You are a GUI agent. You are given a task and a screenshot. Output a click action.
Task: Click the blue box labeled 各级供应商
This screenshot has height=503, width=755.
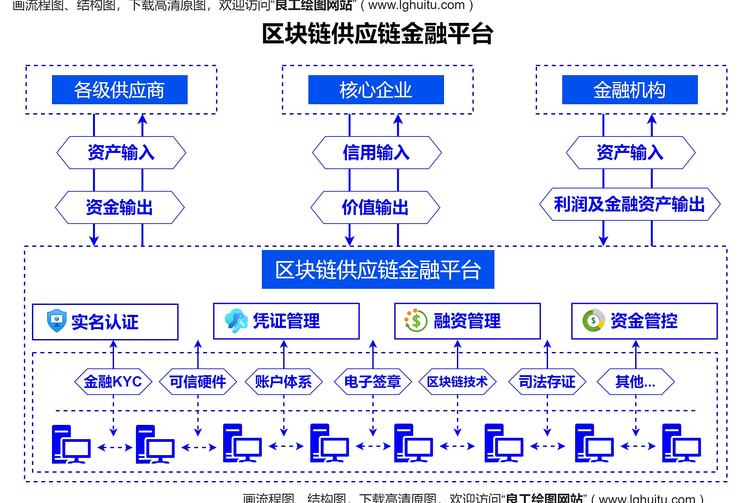(119, 90)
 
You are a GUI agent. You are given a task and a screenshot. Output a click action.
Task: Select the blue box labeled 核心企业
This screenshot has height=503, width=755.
(376, 90)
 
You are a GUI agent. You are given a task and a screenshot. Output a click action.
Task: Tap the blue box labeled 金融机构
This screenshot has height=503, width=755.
(630, 90)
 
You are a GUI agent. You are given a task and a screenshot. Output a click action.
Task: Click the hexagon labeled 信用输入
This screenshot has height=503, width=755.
(377, 153)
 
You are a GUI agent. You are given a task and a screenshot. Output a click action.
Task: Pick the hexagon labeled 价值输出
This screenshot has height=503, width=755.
(375, 207)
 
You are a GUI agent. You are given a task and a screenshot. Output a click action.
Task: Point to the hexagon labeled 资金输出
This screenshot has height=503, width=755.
(119, 207)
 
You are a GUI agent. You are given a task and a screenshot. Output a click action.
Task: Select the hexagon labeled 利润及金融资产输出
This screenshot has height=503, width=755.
(630, 204)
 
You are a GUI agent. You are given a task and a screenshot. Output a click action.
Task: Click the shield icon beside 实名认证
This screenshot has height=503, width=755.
(57, 321)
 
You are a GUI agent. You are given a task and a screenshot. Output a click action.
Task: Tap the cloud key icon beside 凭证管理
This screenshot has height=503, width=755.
(236, 320)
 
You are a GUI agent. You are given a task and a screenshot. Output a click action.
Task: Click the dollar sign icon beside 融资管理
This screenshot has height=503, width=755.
(416, 320)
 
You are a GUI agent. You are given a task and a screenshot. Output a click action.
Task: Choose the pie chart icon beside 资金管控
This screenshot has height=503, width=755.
(594, 320)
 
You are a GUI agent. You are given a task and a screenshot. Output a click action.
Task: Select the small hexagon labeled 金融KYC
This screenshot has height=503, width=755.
(113, 382)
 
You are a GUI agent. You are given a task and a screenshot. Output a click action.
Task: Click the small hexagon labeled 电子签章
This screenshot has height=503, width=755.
(373, 382)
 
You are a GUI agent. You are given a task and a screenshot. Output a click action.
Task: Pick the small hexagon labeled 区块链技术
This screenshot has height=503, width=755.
(457, 382)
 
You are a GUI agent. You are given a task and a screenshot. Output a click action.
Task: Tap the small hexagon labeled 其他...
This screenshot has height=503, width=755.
(636, 382)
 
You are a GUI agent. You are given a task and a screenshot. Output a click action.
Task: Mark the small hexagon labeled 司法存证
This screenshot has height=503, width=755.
(547, 382)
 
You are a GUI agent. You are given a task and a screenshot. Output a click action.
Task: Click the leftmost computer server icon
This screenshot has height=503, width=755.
(71, 444)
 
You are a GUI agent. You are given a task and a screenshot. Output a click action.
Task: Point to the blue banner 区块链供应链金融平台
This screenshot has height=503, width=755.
(378, 269)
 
